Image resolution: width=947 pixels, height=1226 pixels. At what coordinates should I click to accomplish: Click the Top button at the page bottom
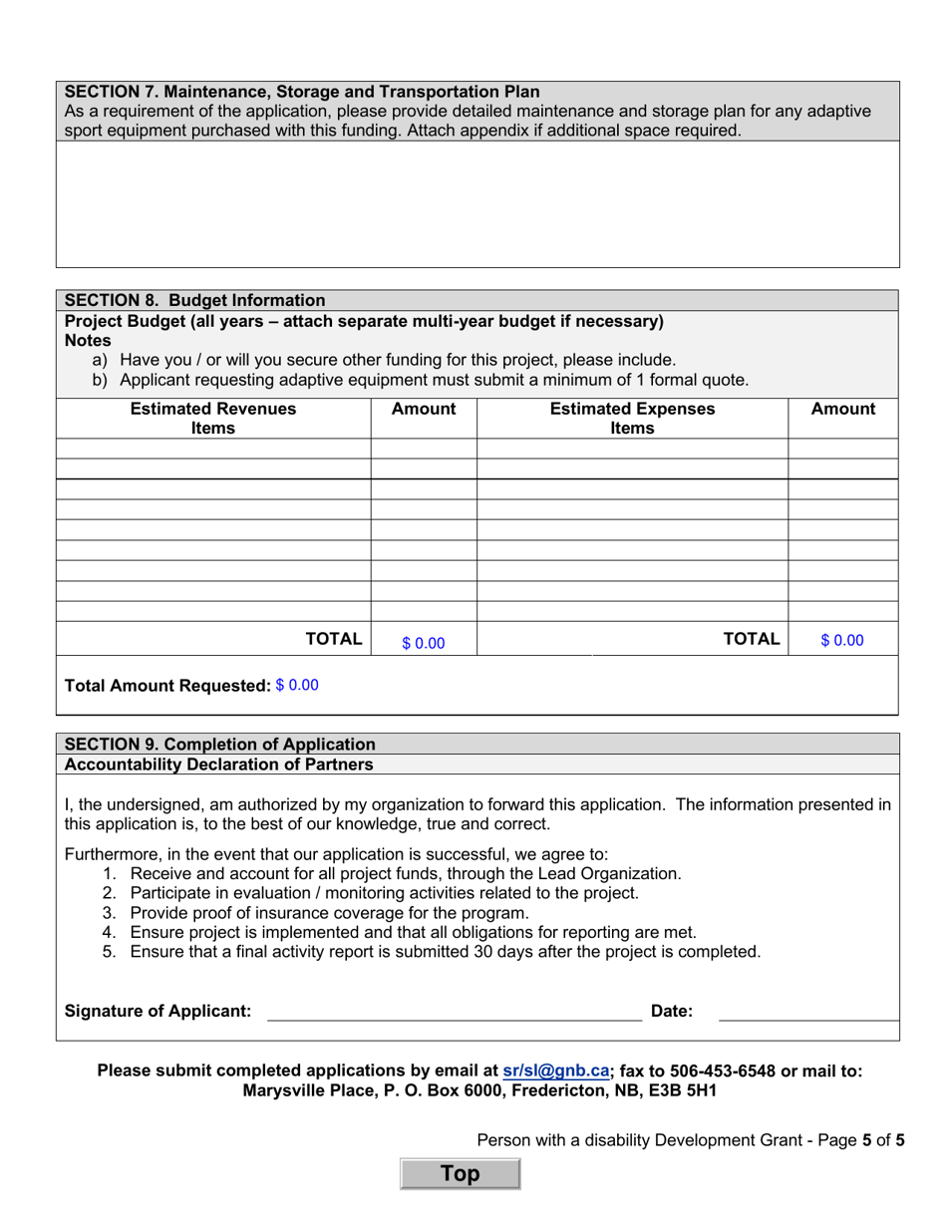click(460, 1173)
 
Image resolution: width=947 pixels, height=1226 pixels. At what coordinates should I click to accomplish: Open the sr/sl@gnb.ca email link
click(555, 1072)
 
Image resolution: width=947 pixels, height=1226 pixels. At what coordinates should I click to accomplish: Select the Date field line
click(807, 1011)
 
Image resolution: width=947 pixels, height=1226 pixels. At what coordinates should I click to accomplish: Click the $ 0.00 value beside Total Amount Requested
click(297, 686)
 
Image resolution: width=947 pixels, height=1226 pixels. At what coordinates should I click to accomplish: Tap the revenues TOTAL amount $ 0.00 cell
click(424, 643)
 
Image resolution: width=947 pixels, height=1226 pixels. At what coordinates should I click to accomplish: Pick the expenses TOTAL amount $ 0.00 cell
click(842, 641)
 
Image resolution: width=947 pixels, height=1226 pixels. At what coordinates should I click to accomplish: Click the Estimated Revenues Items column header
click(213, 419)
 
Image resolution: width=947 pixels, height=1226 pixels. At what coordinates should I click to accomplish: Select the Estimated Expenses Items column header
click(632, 419)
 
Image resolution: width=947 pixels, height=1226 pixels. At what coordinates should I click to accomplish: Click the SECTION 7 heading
click(302, 92)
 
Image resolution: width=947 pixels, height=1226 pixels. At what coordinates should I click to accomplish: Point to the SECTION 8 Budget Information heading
click(195, 300)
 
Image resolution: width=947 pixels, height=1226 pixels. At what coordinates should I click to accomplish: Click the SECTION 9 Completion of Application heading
click(220, 744)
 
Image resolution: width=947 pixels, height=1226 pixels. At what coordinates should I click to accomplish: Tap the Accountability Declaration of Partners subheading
click(219, 765)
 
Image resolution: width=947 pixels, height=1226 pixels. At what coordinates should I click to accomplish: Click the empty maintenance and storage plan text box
click(477, 204)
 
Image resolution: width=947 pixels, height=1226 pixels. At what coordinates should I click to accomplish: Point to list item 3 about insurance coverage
click(329, 912)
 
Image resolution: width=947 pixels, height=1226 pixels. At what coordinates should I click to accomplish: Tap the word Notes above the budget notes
click(88, 341)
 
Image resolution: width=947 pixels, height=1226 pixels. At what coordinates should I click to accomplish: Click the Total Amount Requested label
click(167, 686)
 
